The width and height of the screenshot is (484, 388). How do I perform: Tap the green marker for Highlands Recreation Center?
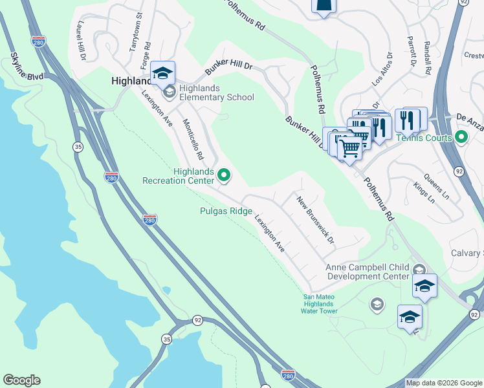click(224, 174)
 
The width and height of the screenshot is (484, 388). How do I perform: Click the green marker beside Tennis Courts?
click(461, 137)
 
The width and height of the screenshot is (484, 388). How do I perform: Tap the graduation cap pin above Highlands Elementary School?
click(163, 73)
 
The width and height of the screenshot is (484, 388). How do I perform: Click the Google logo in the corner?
click(21, 380)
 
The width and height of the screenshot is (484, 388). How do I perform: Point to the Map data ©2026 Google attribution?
click(444, 383)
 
